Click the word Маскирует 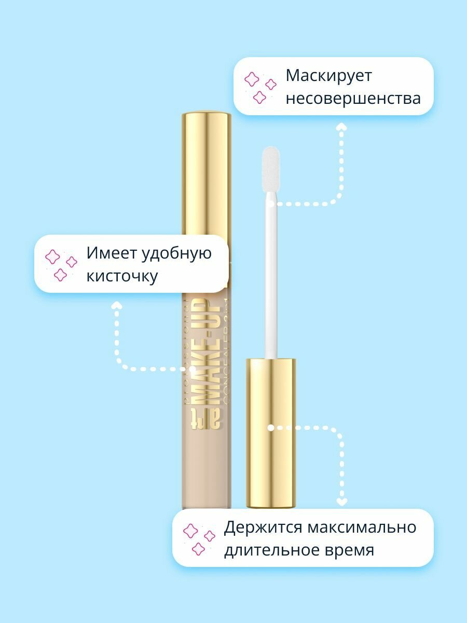pos(328,76)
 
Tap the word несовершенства pos(353,98)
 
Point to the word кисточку pos(122,276)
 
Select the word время pos(350,550)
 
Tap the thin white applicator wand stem pos(270,280)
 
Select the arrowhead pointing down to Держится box pos(341,502)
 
